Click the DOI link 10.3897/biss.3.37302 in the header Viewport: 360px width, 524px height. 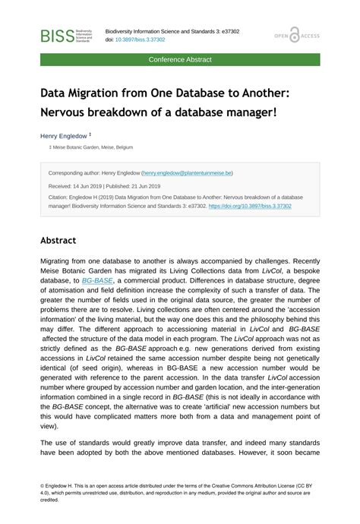[x=139, y=39]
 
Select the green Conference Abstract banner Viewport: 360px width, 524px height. [x=180, y=59]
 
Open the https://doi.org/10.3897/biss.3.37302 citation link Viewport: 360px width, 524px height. [x=250, y=206]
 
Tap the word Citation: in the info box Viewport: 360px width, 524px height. [x=60, y=197]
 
